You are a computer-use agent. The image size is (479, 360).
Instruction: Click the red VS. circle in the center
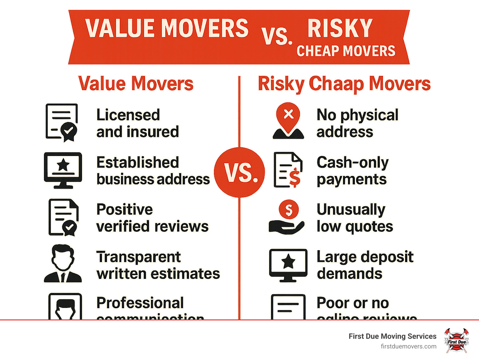point(239,172)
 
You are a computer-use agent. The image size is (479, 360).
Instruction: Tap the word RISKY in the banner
point(340,28)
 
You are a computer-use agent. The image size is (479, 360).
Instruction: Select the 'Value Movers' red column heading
point(136,84)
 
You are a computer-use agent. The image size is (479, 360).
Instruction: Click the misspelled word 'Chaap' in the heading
point(336,84)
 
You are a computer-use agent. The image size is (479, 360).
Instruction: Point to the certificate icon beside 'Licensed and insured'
point(62,123)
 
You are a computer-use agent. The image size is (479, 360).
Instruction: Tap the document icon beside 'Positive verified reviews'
point(63,217)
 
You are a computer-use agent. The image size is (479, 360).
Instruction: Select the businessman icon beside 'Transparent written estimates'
point(63,264)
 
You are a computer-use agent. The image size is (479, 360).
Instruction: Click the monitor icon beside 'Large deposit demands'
point(288,265)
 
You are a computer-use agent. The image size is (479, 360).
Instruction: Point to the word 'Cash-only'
point(353,163)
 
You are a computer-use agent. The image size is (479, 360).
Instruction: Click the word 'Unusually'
point(351,210)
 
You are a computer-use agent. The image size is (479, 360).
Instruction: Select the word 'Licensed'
point(128,115)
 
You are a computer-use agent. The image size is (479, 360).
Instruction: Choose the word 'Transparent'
point(138,257)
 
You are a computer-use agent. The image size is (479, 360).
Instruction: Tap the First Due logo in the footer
point(457,341)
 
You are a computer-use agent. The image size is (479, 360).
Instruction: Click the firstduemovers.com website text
point(409,346)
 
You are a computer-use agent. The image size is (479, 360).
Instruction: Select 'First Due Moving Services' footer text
point(392,336)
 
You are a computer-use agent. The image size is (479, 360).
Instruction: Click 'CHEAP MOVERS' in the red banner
point(346,51)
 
